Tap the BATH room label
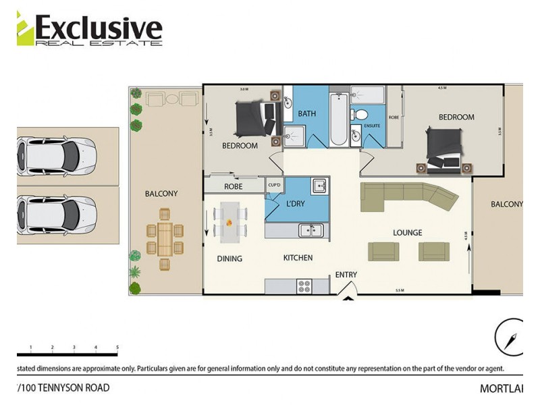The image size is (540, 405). pos(307,113)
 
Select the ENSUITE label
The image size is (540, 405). pos(372,126)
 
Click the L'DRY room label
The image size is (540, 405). pos(296,203)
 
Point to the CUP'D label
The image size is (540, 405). pos(274,184)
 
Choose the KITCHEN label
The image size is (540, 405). pos(297,258)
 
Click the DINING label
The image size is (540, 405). pos(230,259)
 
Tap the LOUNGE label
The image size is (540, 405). pos(408,233)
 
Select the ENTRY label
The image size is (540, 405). pos(346,275)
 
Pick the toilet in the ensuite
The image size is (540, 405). pos(361,113)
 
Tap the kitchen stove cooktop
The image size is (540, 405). pos(304,286)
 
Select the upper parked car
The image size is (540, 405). pos(57,156)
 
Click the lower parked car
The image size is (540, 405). pos(57,215)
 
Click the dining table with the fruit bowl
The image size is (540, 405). pos(230,222)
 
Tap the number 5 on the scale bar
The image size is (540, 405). pos(117,348)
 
